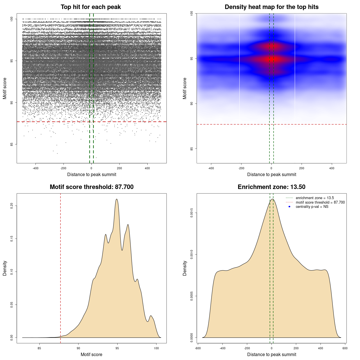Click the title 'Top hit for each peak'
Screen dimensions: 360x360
click(91, 7)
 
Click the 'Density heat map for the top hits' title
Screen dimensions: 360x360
click(271, 7)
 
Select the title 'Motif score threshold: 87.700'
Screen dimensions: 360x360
click(91, 187)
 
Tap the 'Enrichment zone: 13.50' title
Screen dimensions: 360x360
click(271, 187)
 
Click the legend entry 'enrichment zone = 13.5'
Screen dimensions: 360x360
click(315, 198)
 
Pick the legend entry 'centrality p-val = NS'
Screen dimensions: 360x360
click(312, 207)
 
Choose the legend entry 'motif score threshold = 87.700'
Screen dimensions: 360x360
click(320, 202)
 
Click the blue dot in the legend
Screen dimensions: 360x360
click(289, 207)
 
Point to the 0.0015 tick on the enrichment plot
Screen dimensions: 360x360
click(192, 213)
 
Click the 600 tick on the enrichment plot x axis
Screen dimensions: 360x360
click(345, 348)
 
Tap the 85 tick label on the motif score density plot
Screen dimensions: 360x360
click(39, 348)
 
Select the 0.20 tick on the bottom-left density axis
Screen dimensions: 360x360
click(12, 206)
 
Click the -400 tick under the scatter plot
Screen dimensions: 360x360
click(35, 168)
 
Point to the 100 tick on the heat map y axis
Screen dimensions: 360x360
click(192, 13)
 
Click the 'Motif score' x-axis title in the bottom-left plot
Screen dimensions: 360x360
click(91, 354)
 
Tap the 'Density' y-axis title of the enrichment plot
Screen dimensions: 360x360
click(185, 268)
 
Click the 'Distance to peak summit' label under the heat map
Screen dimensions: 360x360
click(271, 174)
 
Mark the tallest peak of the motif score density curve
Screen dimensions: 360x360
click(116, 199)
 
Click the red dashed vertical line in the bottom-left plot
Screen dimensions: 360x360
click(60, 267)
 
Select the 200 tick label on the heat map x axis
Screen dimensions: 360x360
click(301, 168)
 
